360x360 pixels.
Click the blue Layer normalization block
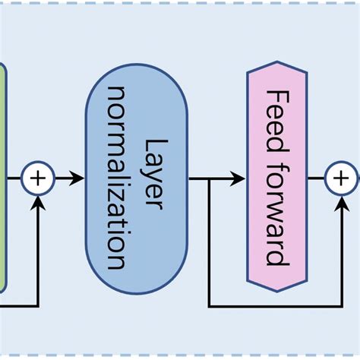click(x=137, y=179)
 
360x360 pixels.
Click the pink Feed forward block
click(x=277, y=178)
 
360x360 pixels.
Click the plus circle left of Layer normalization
click(x=38, y=179)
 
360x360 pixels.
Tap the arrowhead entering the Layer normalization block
click(x=78, y=179)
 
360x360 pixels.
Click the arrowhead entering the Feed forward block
click(x=239, y=179)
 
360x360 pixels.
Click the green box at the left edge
click(x=2, y=178)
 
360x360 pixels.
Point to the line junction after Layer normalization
click(x=208, y=179)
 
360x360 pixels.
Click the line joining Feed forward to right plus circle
click(x=317, y=179)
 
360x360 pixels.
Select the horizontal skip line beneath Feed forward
click(x=273, y=306)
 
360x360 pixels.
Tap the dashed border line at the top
click(x=180, y=2)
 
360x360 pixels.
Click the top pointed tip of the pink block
click(x=277, y=64)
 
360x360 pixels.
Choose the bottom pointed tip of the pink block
click(x=277, y=295)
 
